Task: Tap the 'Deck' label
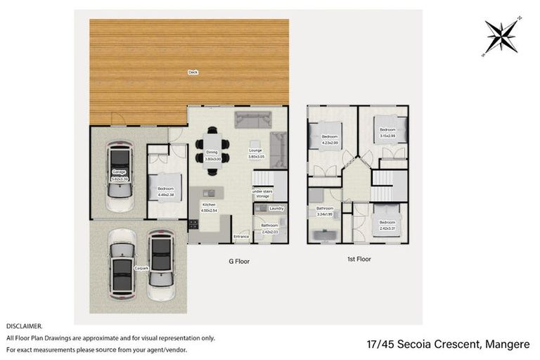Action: [x=192, y=72]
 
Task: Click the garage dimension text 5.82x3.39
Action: [x=120, y=179]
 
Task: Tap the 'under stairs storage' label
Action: [x=262, y=194]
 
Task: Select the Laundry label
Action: [x=276, y=208]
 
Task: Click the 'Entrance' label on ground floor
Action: [x=241, y=236]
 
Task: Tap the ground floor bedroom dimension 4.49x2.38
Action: [x=165, y=192]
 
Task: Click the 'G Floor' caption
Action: [x=239, y=261]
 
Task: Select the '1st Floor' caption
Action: [x=358, y=259]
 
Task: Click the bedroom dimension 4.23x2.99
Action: [x=330, y=142]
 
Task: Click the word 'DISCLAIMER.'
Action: [x=25, y=326]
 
